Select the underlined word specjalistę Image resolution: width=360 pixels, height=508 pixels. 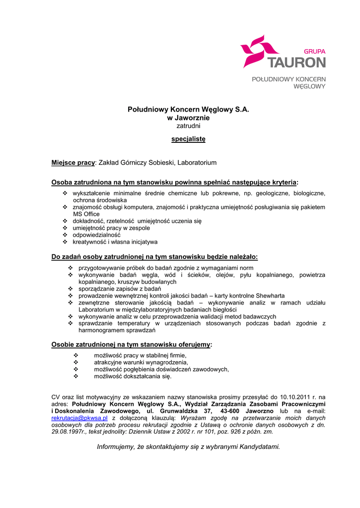click(x=188, y=139)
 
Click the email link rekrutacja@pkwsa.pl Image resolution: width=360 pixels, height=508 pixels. click(x=79, y=418)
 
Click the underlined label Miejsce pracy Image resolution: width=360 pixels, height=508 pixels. click(x=73, y=163)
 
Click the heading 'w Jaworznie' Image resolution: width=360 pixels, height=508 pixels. click(x=188, y=118)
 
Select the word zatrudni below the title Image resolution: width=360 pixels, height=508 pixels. click(x=188, y=126)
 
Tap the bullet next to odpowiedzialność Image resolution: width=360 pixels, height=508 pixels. click(x=65, y=235)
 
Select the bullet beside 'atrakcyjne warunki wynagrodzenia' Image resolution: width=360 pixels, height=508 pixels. click(x=75, y=362)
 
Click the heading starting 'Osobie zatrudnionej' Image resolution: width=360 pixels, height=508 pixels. click(x=132, y=344)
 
